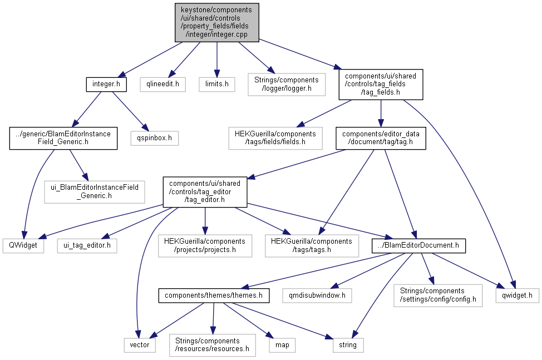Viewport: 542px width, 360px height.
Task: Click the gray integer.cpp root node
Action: (x=216, y=22)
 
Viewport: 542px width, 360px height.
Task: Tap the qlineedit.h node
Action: (x=162, y=85)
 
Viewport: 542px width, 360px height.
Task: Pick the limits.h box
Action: (x=217, y=85)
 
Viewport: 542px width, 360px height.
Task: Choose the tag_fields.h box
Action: (x=381, y=85)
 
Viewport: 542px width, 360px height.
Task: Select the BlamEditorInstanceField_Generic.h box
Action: (x=63, y=137)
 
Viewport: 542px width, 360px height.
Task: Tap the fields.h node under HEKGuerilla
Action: (x=275, y=137)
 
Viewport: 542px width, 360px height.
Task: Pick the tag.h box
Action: (x=381, y=137)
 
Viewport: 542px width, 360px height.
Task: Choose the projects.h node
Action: (x=205, y=245)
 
